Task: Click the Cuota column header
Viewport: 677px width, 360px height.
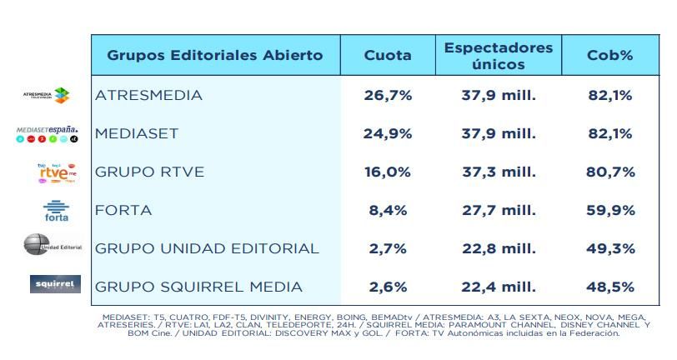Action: [388, 56]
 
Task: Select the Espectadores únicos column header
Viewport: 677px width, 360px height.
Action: [499, 56]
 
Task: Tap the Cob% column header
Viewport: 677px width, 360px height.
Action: [609, 56]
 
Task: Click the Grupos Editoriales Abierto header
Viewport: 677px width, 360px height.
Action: [215, 56]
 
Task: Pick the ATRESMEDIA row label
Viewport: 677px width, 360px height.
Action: [149, 95]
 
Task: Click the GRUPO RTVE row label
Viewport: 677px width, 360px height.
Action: [149, 172]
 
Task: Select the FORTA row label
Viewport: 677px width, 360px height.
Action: [123, 210]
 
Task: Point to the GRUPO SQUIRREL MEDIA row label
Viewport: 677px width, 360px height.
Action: [198, 287]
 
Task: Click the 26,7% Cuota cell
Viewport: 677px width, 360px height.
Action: [388, 95]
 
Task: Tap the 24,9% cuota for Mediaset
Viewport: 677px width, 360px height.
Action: [388, 133]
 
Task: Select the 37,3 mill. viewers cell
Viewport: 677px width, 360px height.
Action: [499, 172]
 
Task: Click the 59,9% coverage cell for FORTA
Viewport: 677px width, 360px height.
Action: [609, 210]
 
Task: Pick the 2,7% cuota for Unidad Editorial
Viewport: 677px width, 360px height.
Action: [388, 248]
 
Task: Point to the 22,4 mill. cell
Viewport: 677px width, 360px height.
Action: [499, 287]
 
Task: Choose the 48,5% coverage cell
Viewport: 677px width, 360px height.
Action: [609, 287]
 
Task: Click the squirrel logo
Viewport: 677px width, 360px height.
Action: [55, 285]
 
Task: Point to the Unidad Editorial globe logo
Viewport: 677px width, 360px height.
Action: [35, 246]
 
